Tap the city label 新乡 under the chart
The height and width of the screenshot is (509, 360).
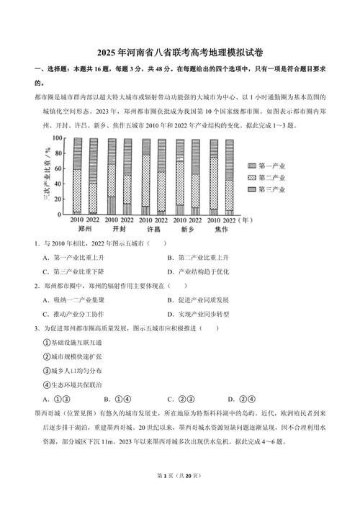(188, 230)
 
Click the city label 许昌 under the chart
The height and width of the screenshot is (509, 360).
(153, 230)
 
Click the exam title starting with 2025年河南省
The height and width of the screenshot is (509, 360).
(179, 54)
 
